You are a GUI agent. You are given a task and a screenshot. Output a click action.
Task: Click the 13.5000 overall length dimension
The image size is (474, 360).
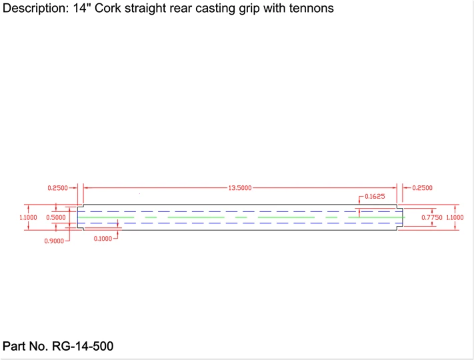pyautogui.click(x=239, y=188)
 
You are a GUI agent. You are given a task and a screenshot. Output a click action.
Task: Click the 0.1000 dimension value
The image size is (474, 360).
pyautogui.click(x=104, y=238)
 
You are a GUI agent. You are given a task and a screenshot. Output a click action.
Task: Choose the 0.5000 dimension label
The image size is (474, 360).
pyautogui.click(x=55, y=217)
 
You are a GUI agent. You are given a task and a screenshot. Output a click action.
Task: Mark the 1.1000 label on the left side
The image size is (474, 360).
pyautogui.click(x=29, y=217)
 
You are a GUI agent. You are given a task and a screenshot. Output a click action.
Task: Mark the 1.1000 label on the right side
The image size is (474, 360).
pyautogui.click(x=455, y=217)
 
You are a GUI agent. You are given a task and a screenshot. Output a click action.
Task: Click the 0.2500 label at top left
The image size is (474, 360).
pyautogui.click(x=57, y=188)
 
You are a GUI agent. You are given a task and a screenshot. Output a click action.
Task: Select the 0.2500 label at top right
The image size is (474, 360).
pyautogui.click(x=423, y=188)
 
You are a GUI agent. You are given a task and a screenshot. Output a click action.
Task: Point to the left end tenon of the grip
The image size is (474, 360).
pyautogui.click(x=80, y=217)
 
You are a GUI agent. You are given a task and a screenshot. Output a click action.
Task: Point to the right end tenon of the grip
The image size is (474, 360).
pyautogui.click(x=401, y=217)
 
